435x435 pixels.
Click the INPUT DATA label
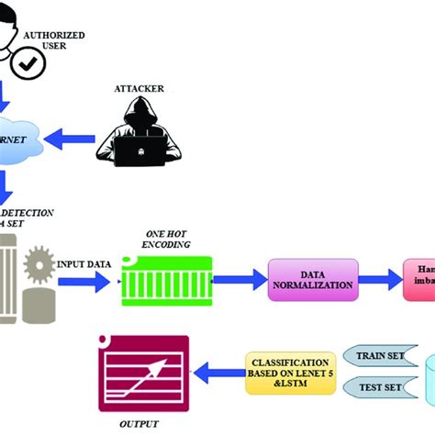pyautogui.click(x=86, y=264)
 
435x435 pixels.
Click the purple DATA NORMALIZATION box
pyautogui.click(x=311, y=279)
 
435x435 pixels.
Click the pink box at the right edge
pyautogui.click(x=418, y=279)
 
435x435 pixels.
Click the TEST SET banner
pyautogui.click(x=376, y=387)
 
